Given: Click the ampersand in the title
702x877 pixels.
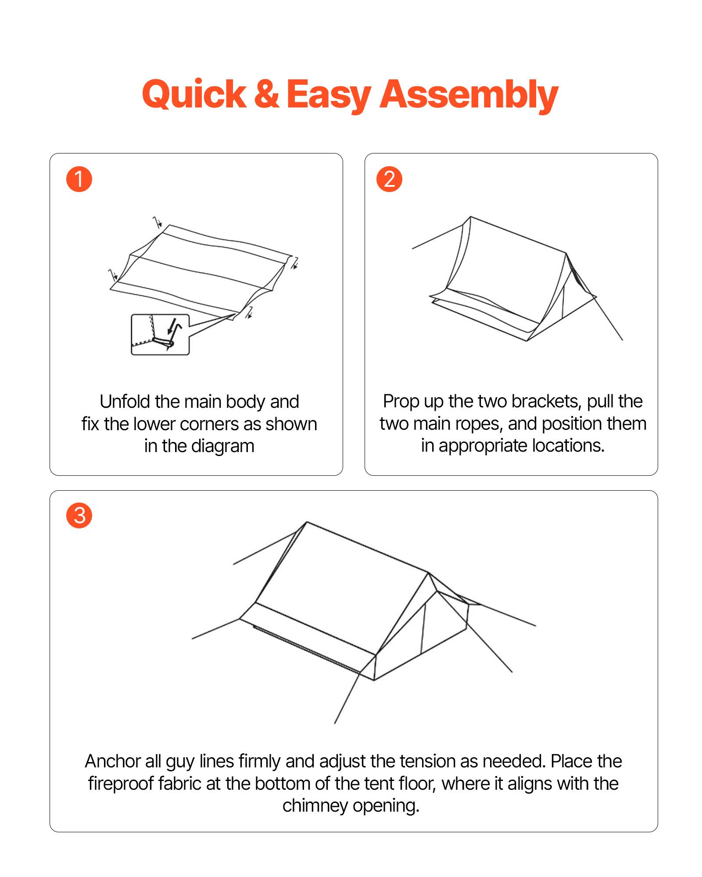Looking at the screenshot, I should [x=266, y=94].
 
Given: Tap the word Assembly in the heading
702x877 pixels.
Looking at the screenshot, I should [x=468, y=94].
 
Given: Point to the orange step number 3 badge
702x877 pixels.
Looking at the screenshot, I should [x=79, y=515].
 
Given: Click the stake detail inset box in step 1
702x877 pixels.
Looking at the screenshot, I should [x=160, y=335].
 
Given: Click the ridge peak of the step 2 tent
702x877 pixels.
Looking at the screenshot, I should [x=471, y=217].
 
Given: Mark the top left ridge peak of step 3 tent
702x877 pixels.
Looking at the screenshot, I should [x=307, y=523].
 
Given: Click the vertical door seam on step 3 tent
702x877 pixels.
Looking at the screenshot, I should [x=423, y=628].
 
